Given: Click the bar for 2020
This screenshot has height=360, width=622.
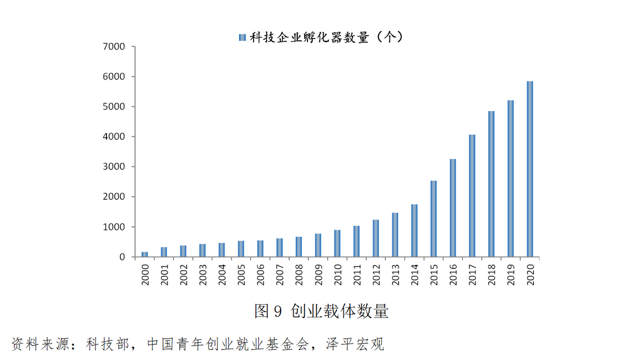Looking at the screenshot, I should point(530,169).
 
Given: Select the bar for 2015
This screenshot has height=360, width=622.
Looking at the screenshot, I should point(433,219).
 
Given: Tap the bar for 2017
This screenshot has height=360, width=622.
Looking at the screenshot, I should point(472,196).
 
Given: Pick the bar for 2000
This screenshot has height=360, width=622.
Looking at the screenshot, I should point(145,254).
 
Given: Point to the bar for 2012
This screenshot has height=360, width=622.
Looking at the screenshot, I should point(376,238).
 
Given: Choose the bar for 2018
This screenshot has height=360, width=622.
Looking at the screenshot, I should point(491,184).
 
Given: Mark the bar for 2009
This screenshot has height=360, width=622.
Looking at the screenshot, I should point(318,245).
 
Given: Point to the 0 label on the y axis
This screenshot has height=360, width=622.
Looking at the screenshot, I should point(122,257).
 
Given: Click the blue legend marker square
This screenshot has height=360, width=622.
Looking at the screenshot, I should point(242,37).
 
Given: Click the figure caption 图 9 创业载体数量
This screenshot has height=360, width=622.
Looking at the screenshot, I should point(321,312).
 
